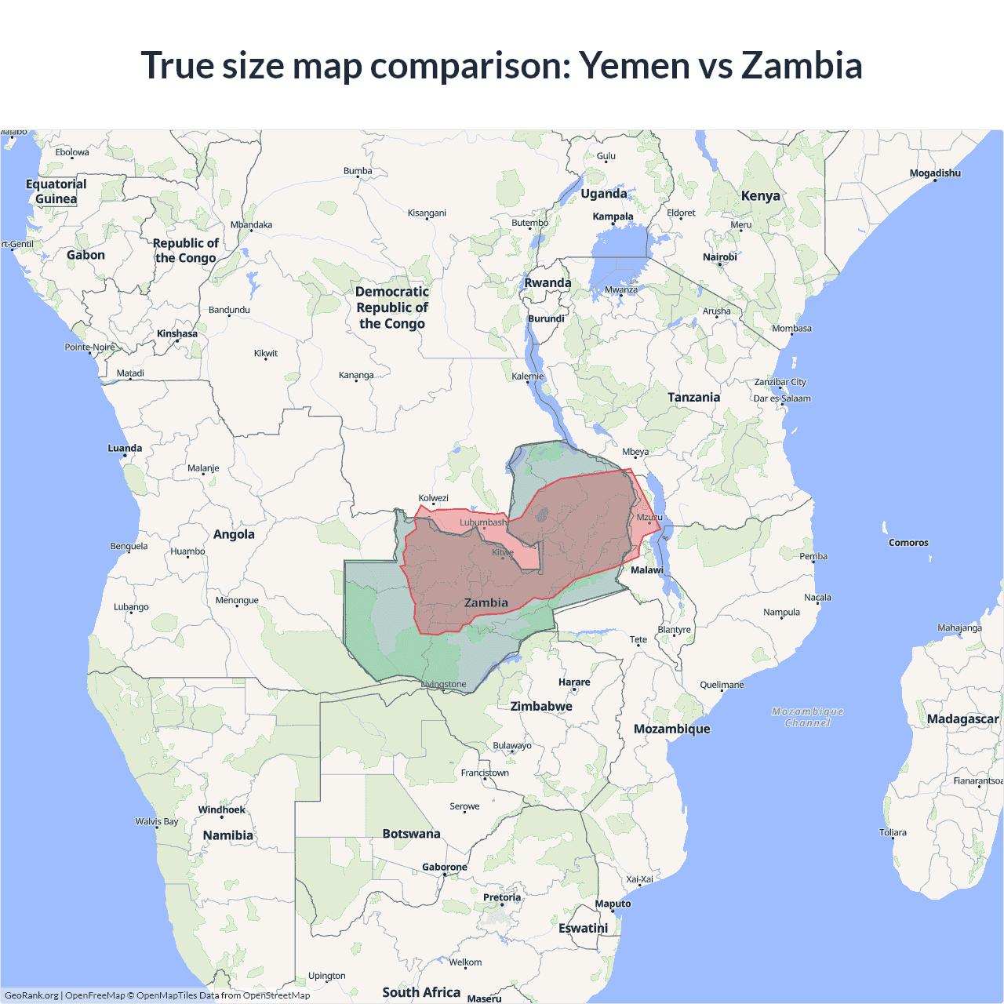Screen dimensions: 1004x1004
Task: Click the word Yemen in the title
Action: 633,66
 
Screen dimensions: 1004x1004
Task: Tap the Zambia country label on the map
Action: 486,603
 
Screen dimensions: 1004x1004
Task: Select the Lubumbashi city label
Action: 483,522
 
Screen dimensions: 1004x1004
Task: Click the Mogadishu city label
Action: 934,173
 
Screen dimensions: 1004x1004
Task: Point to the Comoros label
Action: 908,543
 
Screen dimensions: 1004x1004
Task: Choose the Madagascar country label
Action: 962,719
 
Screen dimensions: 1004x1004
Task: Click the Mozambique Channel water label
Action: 807,718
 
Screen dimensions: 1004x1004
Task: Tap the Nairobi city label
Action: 719,257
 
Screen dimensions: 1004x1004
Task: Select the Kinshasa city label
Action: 176,334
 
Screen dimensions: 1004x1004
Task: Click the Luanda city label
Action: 125,449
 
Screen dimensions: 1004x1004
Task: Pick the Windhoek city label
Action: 221,810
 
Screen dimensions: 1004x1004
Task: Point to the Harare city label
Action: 574,682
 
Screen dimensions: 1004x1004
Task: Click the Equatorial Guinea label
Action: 56,191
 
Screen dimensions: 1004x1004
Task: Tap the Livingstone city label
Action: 444,685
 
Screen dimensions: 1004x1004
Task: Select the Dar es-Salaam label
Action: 782,398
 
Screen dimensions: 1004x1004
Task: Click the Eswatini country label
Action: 583,929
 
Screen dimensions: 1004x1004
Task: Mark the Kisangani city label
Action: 427,213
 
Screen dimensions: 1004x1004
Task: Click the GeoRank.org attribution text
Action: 31,995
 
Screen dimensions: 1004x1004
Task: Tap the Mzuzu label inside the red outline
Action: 649,518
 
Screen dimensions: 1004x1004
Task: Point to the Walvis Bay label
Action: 156,822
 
